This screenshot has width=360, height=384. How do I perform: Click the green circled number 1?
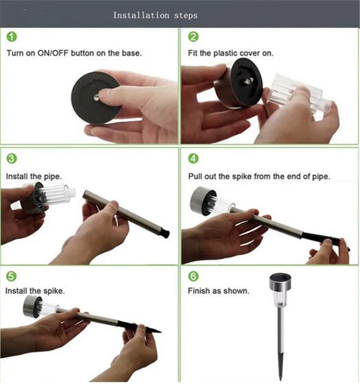tap(12, 37)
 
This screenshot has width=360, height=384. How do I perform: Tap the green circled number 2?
tap(193, 37)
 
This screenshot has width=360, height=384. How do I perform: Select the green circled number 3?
tap(12, 158)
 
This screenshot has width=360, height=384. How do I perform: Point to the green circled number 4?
tap(193, 158)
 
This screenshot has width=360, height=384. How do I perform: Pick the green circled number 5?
tap(11, 276)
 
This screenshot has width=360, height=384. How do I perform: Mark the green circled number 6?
tap(193, 276)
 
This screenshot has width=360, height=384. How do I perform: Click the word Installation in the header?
tap(141, 15)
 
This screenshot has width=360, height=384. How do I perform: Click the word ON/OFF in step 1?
tap(53, 53)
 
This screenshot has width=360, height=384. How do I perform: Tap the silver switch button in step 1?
tap(96, 99)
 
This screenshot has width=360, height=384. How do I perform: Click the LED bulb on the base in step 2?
tap(249, 81)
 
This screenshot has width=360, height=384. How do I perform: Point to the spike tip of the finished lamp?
tap(281, 377)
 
